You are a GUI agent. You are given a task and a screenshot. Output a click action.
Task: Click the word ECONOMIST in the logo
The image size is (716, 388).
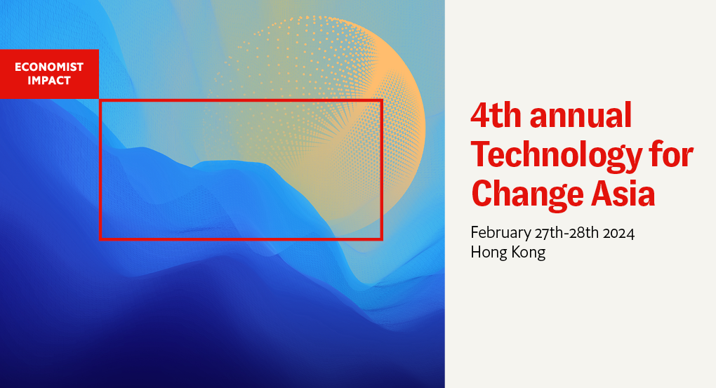tap(49, 67)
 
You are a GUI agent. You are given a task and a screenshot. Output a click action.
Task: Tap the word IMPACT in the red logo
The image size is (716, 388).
tap(49, 80)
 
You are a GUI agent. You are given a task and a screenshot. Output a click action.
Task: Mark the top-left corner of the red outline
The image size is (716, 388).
tap(101, 101)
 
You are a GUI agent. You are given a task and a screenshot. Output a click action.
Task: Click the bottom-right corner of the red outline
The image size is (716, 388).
tap(381, 239)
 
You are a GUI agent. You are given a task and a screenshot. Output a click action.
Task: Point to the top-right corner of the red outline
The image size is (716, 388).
tap(381, 101)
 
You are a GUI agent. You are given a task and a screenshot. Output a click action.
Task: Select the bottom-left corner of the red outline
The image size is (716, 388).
tap(101, 239)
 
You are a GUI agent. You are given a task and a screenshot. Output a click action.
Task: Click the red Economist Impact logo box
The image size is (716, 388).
tap(49, 74)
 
